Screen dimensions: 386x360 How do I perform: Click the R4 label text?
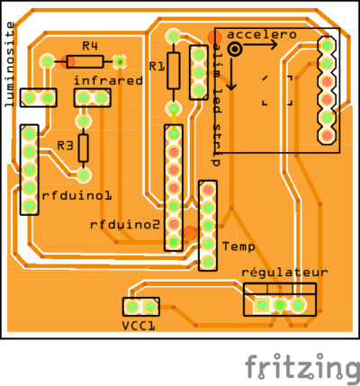click(x=89, y=46)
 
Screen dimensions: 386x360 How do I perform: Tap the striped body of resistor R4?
click(x=84, y=61)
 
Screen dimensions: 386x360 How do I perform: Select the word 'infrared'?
click(x=108, y=80)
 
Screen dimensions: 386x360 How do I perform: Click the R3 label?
click(x=64, y=145)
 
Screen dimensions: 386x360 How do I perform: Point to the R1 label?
click(x=156, y=67)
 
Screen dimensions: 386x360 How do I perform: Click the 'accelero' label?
click(x=262, y=34)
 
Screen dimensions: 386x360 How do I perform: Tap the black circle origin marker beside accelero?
click(x=234, y=49)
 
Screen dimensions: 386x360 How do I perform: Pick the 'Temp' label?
click(x=238, y=245)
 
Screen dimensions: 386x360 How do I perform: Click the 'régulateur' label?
click(x=284, y=273)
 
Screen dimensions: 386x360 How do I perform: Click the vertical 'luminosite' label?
click(x=10, y=67)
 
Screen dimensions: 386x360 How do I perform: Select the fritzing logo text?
click(x=301, y=366)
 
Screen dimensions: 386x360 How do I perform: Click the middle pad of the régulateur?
click(x=280, y=305)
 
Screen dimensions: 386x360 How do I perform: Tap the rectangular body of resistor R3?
click(x=84, y=146)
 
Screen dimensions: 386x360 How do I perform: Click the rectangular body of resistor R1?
click(x=174, y=69)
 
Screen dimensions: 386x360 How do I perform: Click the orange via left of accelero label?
click(x=214, y=37)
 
